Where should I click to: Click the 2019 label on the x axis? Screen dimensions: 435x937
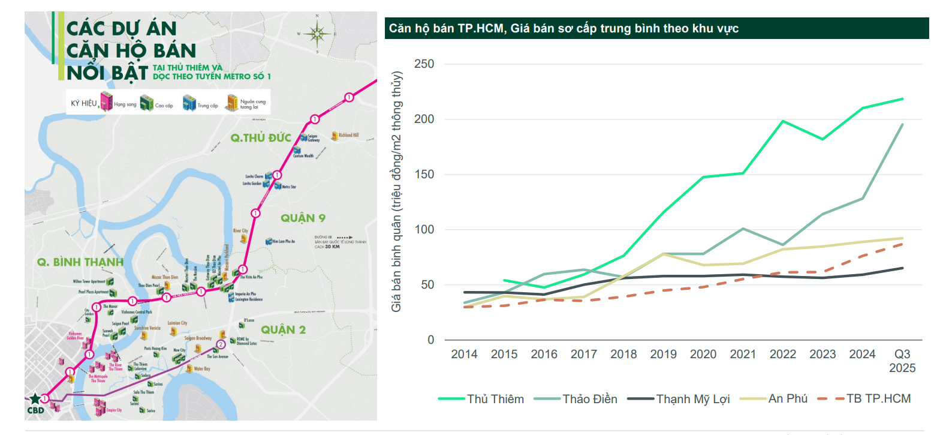pos(663,355)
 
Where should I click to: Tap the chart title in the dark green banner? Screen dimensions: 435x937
pos(564,28)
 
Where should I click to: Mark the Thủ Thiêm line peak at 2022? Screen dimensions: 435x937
pos(783,121)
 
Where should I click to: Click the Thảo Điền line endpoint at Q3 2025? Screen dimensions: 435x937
pos(902,125)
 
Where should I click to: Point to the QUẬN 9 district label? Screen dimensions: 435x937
pos(303,218)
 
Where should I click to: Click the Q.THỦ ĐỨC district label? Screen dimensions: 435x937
pos(261,139)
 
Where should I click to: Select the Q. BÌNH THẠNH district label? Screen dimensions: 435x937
pos(80,262)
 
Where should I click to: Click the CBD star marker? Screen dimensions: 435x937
pos(35,398)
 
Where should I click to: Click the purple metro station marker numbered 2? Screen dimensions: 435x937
pos(221,344)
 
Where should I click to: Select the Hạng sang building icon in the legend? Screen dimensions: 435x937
pos(106,103)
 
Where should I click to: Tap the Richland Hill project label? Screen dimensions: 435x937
pos(348,136)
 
